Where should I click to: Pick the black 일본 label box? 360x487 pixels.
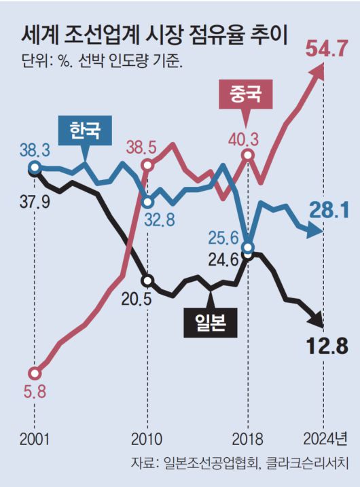(x=210, y=324)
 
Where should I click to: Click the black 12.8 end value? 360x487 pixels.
(x=325, y=346)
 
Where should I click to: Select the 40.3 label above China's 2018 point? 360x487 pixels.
(x=245, y=139)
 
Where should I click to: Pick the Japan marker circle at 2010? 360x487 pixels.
(x=148, y=280)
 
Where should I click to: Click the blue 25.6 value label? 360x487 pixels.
(x=225, y=237)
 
